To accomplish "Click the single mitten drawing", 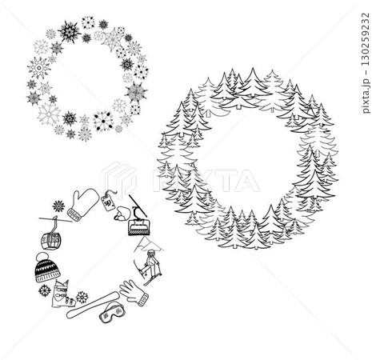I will click(82, 203).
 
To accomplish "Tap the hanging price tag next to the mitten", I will click(109, 203).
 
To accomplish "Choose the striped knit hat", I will click(46, 270).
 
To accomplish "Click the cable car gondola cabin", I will click(50, 238).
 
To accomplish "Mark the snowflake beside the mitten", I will click(58, 206).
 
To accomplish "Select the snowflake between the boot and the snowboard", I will click(82, 297).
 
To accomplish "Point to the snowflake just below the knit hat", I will click(44, 290).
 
